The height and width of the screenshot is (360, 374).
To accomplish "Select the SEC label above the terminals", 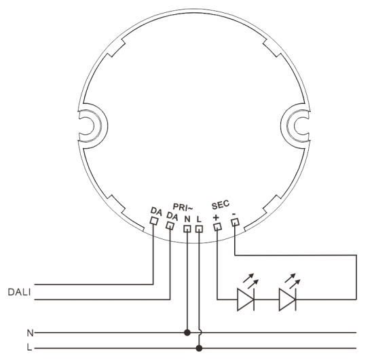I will (221, 204).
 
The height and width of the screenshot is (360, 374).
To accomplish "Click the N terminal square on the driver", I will (187, 229).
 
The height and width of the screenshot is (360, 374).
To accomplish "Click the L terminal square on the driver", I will (199, 229).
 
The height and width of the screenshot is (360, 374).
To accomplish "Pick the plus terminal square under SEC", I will (217, 227).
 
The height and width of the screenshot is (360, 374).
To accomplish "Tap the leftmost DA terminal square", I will (154, 221).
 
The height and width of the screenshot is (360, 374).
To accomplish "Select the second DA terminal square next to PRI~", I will (170, 226).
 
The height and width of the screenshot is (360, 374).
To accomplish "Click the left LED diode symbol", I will (246, 300).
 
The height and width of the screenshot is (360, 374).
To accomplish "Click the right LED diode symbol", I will (288, 300).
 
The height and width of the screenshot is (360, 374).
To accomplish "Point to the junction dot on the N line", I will (187, 334).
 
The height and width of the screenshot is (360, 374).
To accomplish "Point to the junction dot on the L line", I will (199, 348).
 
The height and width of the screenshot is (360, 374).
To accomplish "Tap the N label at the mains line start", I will (29, 334).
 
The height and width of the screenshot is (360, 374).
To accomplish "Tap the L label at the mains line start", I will (29, 348).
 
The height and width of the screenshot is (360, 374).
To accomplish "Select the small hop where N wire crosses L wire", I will (200, 334).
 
